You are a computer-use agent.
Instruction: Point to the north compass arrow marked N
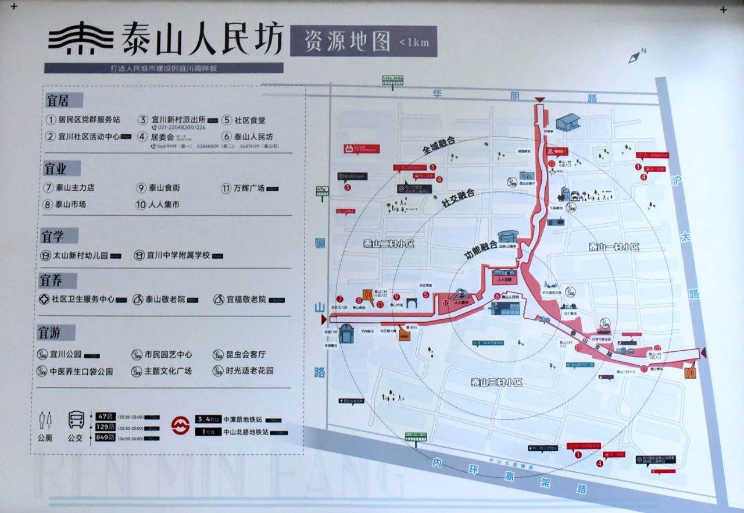point(636,56)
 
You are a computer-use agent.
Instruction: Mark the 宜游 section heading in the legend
point(57,333)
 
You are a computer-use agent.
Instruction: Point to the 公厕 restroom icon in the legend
point(45,420)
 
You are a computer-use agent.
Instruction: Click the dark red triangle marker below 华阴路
point(540,100)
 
